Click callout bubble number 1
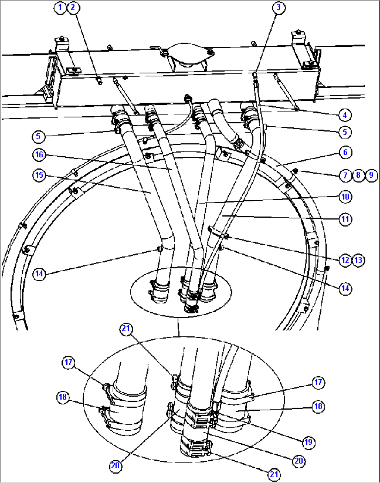tap(60, 7)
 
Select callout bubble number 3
tap(279, 7)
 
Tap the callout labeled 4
tap(345, 115)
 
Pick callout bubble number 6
tap(345, 152)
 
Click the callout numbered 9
tap(371, 175)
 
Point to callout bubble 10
tap(345, 197)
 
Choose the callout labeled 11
tap(345, 219)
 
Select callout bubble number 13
tap(358, 260)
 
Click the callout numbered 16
tap(39, 154)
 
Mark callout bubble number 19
tap(309, 442)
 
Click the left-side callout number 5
tap(38, 136)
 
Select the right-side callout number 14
tap(345, 288)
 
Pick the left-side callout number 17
tap(68, 362)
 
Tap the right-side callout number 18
tap(318, 406)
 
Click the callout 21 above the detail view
tap(126, 328)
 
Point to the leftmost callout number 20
tap(115, 466)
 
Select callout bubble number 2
tap(73, 7)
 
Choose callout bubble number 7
tap(345, 175)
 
